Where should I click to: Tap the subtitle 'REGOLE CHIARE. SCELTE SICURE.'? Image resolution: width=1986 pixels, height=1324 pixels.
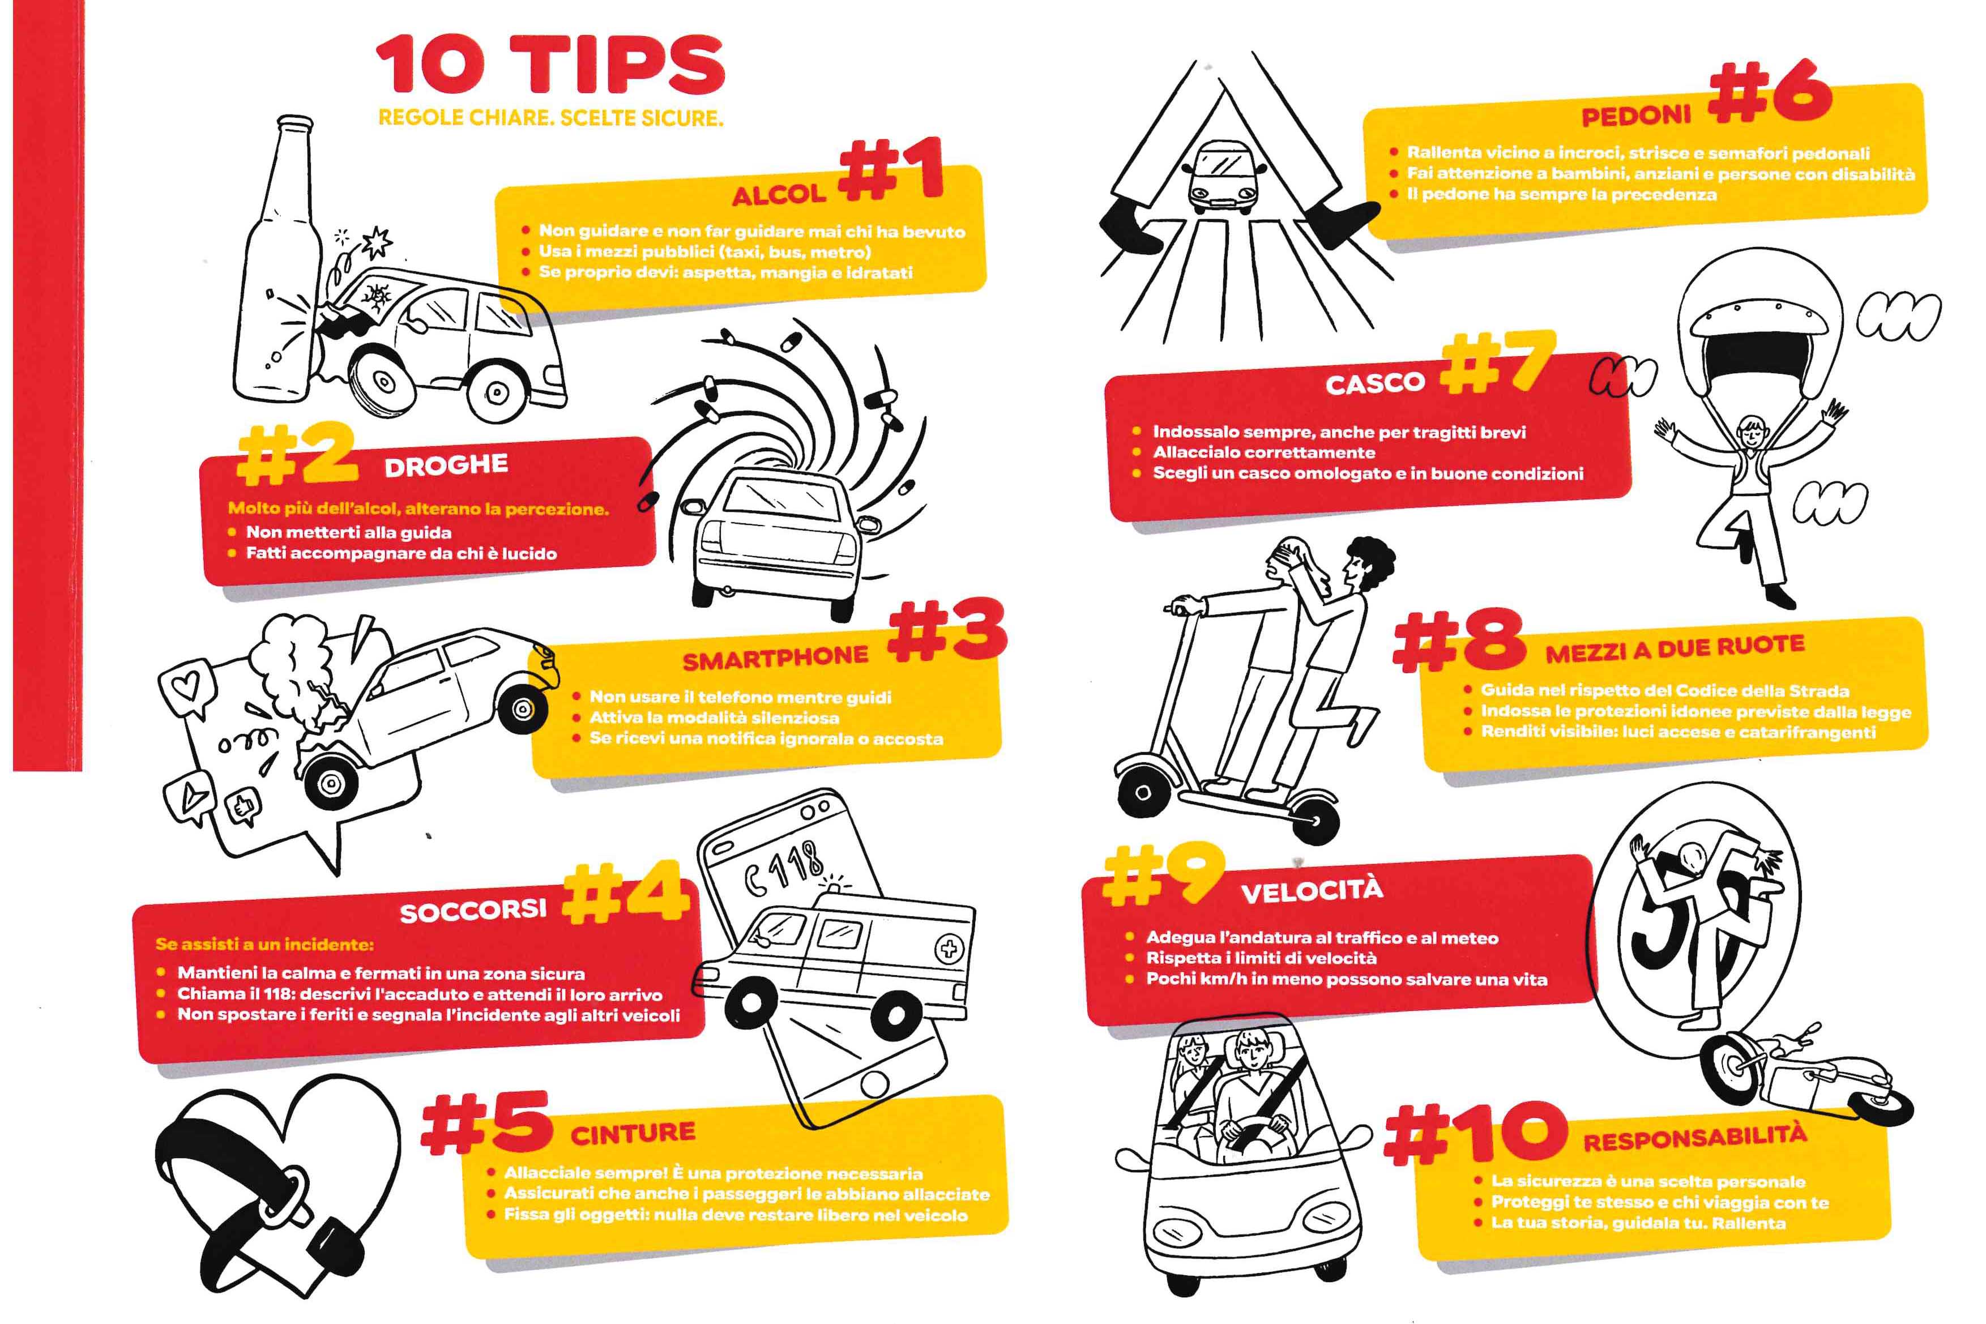pyautogui.click(x=550, y=117)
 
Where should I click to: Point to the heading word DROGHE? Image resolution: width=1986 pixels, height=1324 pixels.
pyautogui.click(x=446, y=465)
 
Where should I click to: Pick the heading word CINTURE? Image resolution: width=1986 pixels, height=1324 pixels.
pyautogui.click(x=633, y=1133)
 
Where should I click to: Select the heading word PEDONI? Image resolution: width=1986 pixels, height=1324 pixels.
pyautogui.click(x=1637, y=116)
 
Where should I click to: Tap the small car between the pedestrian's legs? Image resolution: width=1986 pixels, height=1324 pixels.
pyautogui.click(x=1226, y=177)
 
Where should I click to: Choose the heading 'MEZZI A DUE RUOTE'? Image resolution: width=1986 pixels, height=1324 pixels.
pyautogui.click(x=1675, y=650)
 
